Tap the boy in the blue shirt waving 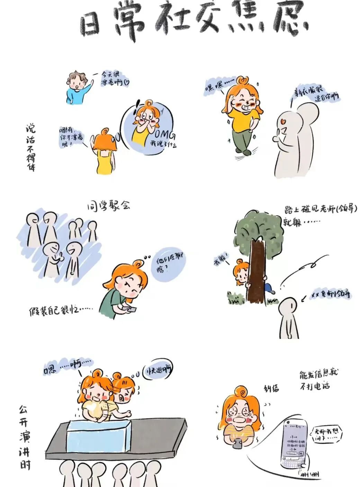tap(78, 88)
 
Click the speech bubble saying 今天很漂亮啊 tap(114, 79)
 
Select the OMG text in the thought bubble tap(164, 134)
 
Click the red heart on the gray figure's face tap(283, 121)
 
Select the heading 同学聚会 tap(108, 205)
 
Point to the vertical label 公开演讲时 tap(24, 438)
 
